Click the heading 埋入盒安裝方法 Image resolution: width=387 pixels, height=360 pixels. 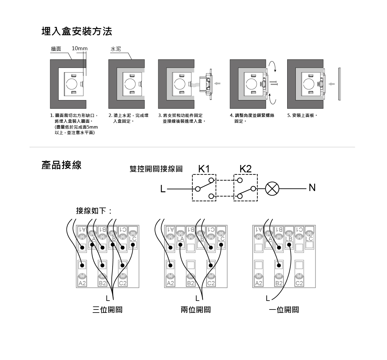click(x=77, y=31)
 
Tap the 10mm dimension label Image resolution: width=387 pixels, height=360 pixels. click(x=79, y=49)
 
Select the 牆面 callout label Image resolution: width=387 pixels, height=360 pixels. click(x=56, y=49)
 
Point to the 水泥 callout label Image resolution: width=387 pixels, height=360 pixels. click(x=116, y=49)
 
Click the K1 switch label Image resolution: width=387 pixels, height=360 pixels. click(x=204, y=169)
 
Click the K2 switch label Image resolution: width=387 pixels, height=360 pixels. click(x=245, y=169)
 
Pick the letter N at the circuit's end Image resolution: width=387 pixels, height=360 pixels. click(x=312, y=187)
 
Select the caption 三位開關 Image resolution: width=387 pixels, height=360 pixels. click(x=107, y=310)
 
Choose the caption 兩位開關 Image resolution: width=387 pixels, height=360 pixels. click(x=196, y=310)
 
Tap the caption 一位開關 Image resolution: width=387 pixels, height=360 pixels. click(x=284, y=310)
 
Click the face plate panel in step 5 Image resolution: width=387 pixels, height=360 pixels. click(x=339, y=84)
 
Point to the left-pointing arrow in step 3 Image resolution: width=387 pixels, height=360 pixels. click(x=217, y=83)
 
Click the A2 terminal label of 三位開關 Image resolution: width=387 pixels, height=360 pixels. click(x=82, y=283)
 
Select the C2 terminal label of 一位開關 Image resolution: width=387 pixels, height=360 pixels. click(x=299, y=283)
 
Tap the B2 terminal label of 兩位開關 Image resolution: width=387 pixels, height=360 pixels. click(x=190, y=283)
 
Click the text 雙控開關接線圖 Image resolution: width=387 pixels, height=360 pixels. click(x=156, y=169)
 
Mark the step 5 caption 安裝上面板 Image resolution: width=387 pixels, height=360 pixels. click(x=302, y=115)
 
